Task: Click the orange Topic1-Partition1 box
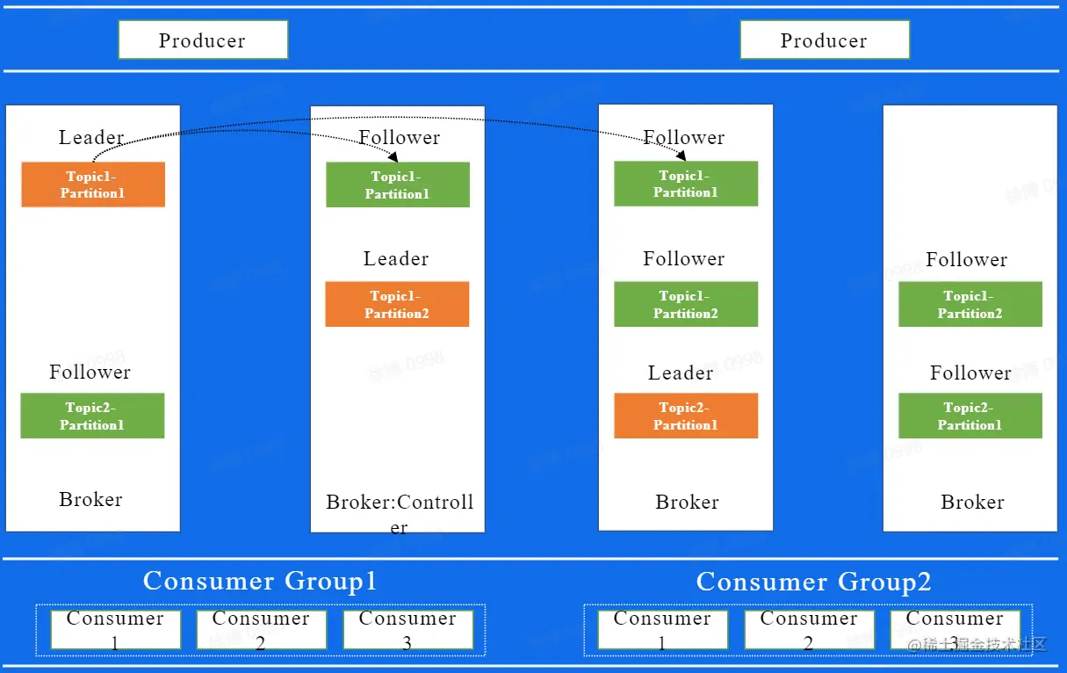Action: pyautogui.click(x=93, y=185)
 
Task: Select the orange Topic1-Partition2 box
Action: pyautogui.click(x=397, y=304)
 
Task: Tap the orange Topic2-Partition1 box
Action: pyautogui.click(x=685, y=416)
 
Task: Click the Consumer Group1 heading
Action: pyautogui.click(x=260, y=581)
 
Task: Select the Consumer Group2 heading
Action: pyautogui.click(x=813, y=582)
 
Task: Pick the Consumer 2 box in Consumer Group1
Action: pyautogui.click(x=261, y=629)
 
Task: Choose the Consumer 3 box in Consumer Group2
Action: pyautogui.click(x=955, y=629)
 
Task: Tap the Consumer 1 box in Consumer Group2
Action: pyautogui.click(x=662, y=629)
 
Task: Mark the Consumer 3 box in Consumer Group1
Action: pyautogui.click(x=407, y=629)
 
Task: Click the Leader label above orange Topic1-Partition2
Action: pyautogui.click(x=396, y=259)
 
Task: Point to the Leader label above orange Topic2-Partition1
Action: pyautogui.click(x=681, y=373)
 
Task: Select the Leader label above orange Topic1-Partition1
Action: pyautogui.click(x=91, y=138)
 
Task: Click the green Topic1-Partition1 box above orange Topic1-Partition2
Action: pyautogui.click(x=397, y=185)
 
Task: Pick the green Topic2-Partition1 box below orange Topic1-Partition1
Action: pyautogui.click(x=92, y=416)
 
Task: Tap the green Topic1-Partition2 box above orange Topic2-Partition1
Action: pyautogui.click(x=685, y=304)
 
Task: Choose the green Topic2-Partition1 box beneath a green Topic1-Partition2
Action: pyautogui.click(x=970, y=416)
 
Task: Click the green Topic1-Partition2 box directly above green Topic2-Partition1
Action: pyautogui.click(x=970, y=304)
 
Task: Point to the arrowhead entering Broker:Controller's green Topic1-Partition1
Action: pyautogui.click(x=393, y=156)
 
